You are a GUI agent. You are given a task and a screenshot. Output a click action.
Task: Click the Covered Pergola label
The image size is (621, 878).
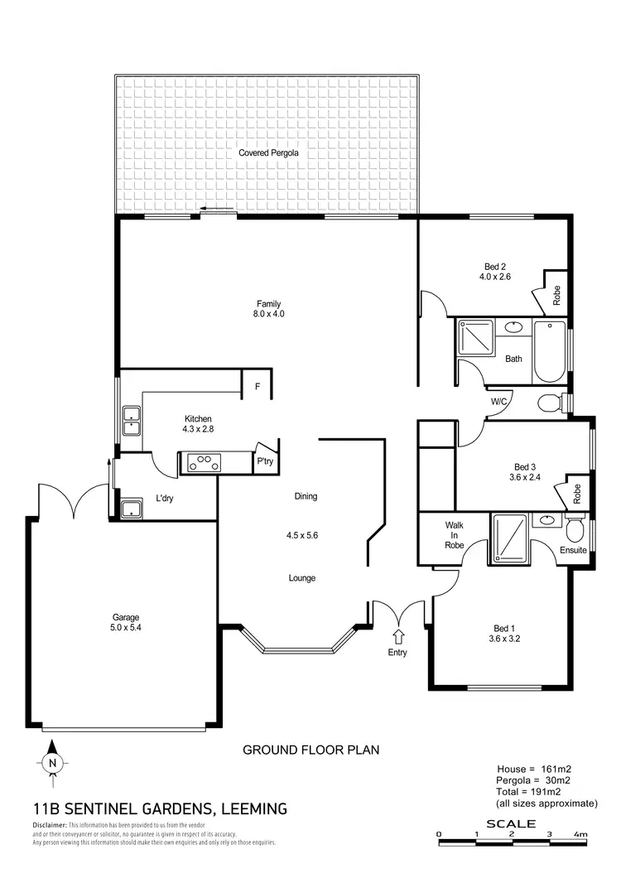tap(268, 153)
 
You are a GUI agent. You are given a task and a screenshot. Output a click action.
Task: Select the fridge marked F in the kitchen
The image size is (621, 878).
tap(258, 386)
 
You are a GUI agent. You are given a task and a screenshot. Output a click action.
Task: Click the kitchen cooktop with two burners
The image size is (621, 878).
tap(205, 463)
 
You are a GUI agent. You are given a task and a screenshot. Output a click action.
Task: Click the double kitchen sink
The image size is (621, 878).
tap(131, 420)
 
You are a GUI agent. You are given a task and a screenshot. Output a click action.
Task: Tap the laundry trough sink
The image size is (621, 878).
tap(130, 509)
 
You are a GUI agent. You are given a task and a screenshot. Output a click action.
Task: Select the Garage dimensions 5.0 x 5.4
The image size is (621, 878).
tap(126, 629)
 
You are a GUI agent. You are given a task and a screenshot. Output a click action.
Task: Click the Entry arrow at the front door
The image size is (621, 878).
tap(399, 637)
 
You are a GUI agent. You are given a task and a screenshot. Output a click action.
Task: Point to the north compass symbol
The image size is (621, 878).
tap(52, 764)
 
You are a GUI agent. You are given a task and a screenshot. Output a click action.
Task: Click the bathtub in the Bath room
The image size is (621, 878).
tap(547, 352)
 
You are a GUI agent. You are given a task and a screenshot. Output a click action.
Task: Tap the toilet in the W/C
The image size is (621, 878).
tap(550, 403)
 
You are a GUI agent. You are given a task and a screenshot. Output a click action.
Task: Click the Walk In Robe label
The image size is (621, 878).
tap(454, 535)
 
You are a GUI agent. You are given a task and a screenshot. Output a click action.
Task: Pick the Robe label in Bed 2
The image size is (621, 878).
tap(557, 296)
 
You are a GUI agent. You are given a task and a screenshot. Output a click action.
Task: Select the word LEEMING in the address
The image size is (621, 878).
tap(248, 808)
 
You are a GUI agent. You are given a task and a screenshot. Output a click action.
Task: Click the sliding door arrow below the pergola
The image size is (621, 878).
tap(217, 210)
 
